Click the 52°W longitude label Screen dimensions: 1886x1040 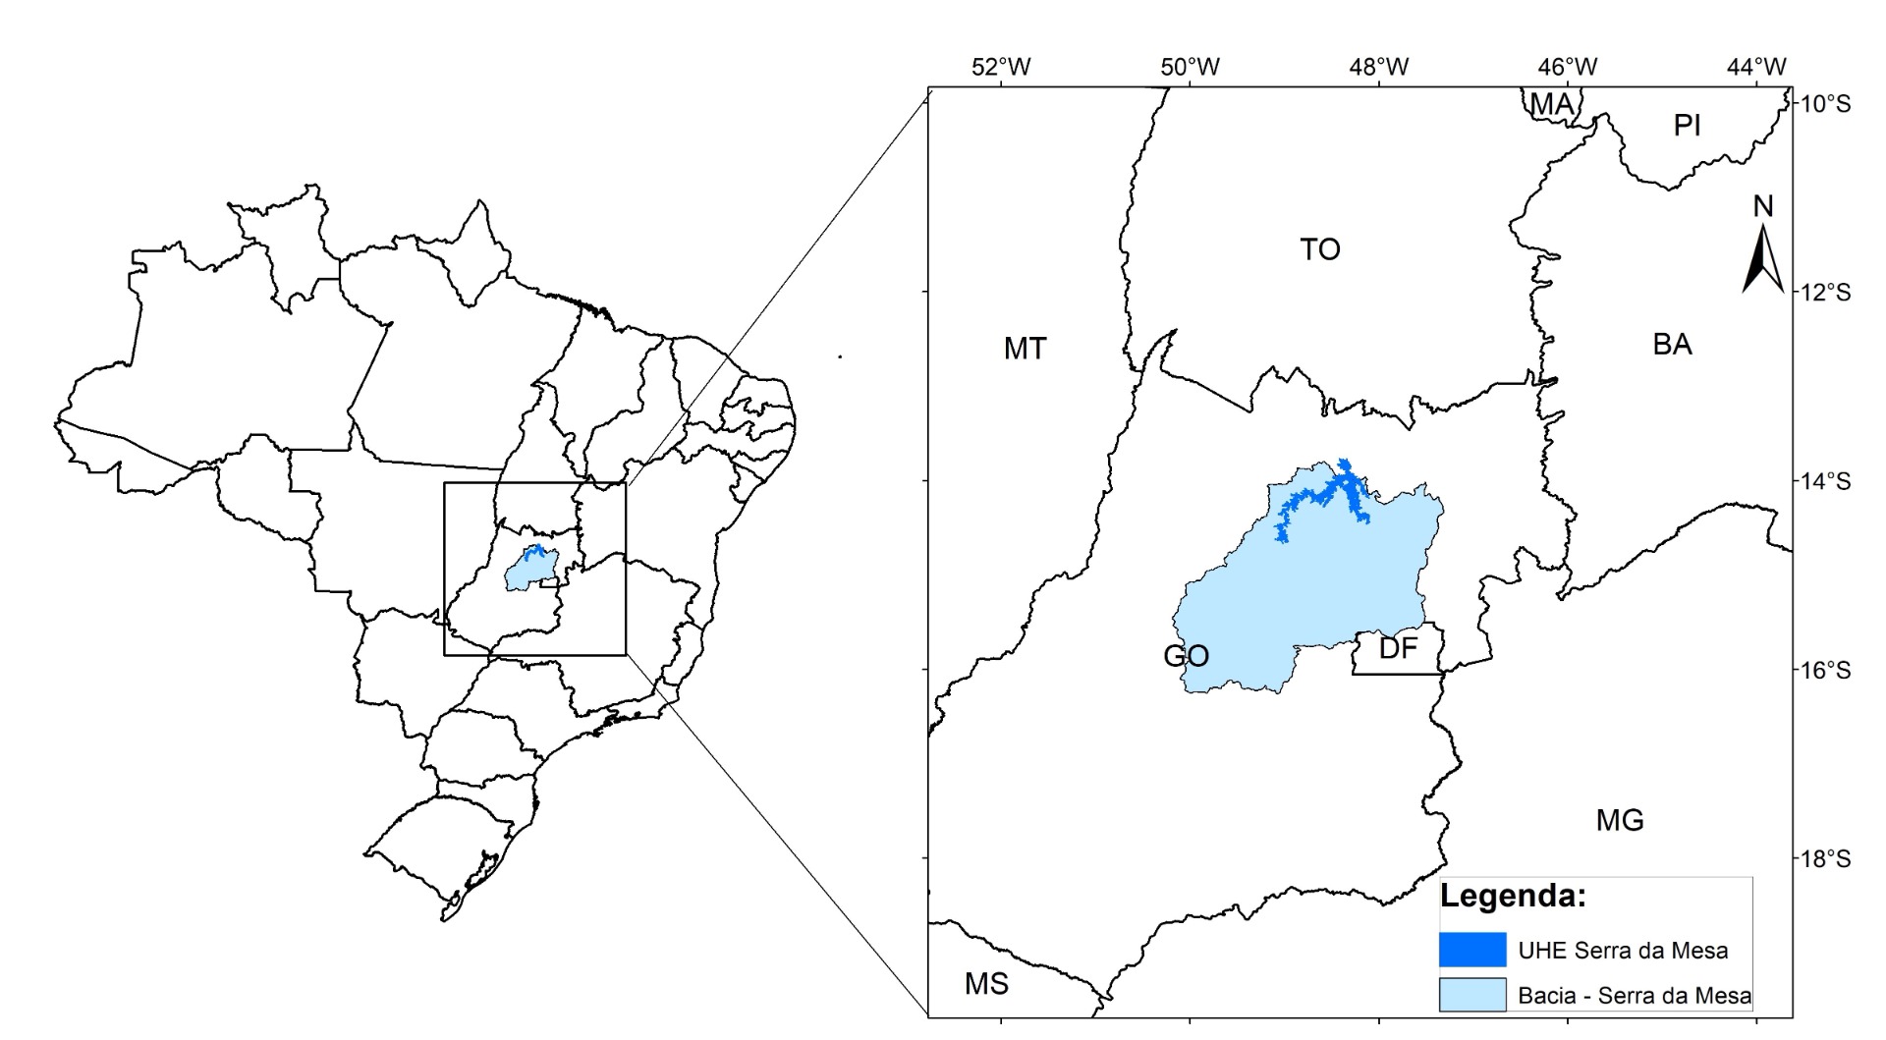point(1001,67)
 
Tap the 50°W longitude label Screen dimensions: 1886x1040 point(1190,67)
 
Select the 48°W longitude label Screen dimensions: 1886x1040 point(1378,67)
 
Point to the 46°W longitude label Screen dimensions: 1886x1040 point(1567,67)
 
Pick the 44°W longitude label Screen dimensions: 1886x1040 point(1756,67)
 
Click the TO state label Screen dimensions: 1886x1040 point(1319,249)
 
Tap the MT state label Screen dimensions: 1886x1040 point(1025,348)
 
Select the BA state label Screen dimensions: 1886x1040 point(1672,344)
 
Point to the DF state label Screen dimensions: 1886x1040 point(1398,648)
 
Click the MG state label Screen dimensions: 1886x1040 point(1620,820)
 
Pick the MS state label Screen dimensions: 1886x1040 point(986,983)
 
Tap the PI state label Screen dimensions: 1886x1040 point(1687,125)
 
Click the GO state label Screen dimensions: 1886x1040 point(1186,655)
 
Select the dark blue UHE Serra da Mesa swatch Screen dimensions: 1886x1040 point(1471,950)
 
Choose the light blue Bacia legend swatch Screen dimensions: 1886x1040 point(1471,994)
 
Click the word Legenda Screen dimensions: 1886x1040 point(1513,896)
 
